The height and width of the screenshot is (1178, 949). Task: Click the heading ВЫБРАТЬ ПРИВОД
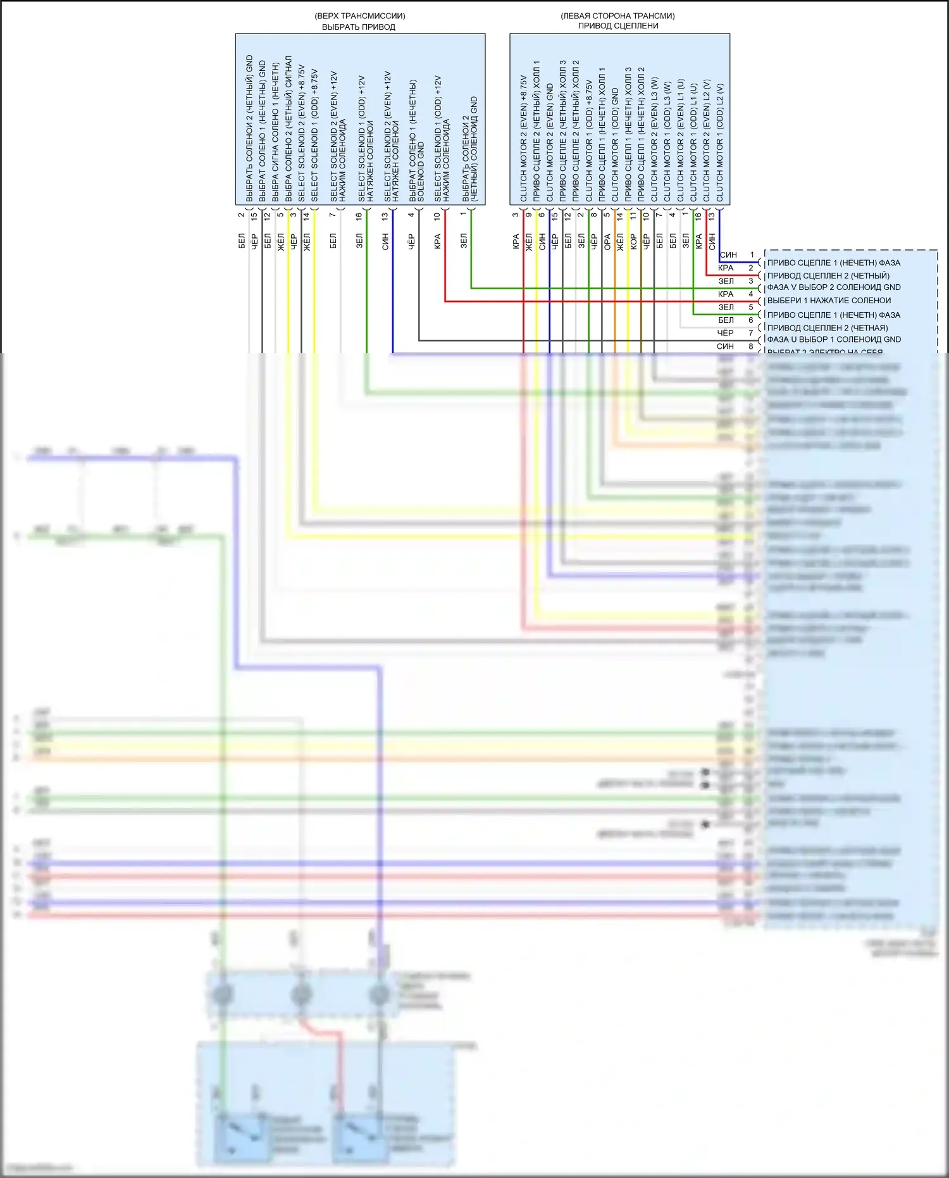[358, 27]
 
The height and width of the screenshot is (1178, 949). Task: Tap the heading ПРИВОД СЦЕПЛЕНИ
[618, 26]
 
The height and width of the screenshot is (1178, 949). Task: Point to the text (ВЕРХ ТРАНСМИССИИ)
[359, 16]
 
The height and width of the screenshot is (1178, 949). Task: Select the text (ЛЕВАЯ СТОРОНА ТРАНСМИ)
[617, 16]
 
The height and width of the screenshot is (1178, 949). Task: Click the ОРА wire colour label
[607, 241]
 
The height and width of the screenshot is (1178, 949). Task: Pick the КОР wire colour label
[633, 241]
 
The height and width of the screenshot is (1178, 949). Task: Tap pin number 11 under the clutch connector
[633, 215]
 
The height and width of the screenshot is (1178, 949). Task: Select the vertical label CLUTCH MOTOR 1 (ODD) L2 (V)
[720, 143]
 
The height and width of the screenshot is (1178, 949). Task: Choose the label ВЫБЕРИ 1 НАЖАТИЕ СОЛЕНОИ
[829, 301]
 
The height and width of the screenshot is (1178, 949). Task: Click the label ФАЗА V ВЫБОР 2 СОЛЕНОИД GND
[834, 287]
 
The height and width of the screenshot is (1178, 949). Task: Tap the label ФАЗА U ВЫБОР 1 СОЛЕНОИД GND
[834, 340]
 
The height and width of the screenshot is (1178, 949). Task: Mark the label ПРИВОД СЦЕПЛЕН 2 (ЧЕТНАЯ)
[828, 328]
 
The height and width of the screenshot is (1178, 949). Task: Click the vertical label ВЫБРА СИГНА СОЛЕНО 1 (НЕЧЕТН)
[275, 132]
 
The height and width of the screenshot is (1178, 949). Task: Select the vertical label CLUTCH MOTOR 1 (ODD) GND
[615, 145]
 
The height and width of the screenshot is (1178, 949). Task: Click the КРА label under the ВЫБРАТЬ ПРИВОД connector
[437, 241]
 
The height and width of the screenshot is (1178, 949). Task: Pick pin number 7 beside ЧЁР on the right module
[751, 333]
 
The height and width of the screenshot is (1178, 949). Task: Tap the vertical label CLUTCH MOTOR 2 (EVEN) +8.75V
[523, 139]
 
